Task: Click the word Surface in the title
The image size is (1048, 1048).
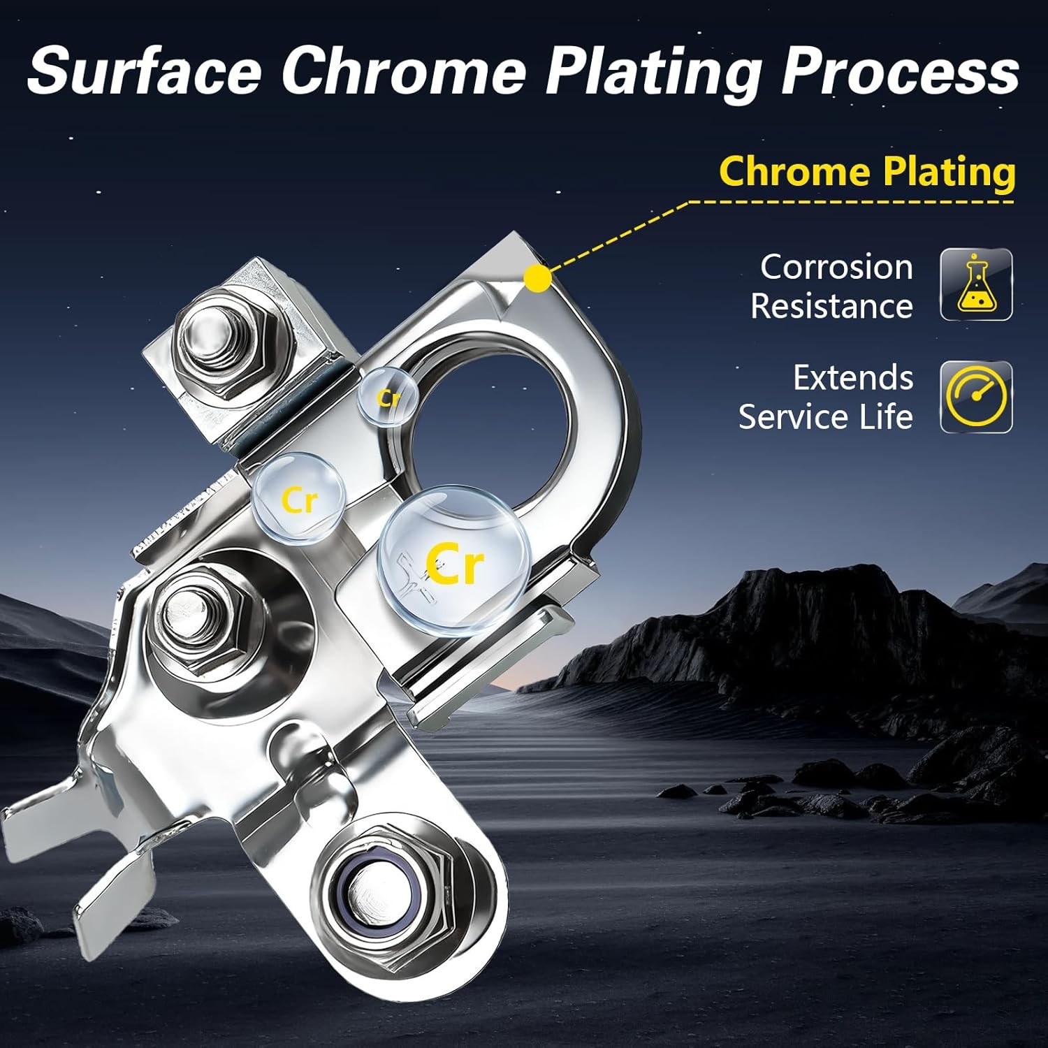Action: click(144, 71)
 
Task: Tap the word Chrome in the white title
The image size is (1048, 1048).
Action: click(403, 71)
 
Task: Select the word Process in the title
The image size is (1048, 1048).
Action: click(900, 71)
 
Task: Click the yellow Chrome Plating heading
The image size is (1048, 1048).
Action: click(867, 172)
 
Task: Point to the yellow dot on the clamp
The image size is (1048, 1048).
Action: click(537, 278)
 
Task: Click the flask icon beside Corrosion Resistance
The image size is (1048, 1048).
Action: click(976, 284)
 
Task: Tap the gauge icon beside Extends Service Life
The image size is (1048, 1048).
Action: click(976, 397)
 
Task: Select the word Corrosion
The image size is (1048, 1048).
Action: click(836, 267)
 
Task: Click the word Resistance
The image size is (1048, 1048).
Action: click(831, 306)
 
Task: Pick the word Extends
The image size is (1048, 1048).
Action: click(853, 378)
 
